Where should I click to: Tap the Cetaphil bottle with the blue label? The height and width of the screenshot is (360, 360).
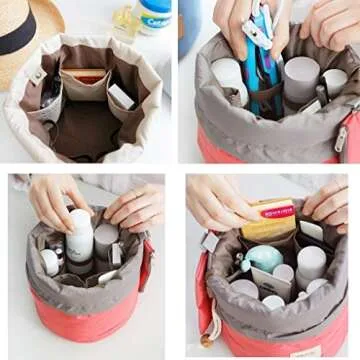[155, 15]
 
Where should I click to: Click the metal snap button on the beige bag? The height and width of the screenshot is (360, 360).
[38, 76]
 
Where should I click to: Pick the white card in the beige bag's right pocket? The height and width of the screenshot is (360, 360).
[120, 97]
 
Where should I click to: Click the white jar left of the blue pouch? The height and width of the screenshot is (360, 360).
[227, 76]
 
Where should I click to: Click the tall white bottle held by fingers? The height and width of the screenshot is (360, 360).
[80, 237]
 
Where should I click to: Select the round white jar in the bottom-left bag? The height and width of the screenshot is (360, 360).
[49, 262]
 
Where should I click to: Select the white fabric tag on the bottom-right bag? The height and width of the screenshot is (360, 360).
[210, 241]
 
